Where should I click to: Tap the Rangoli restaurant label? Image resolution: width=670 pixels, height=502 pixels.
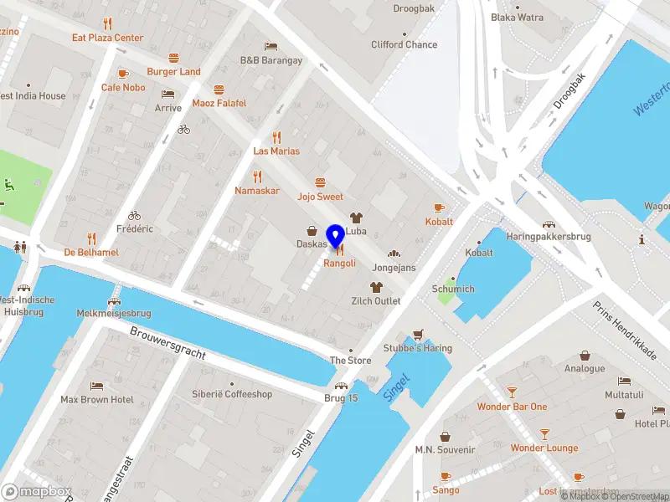tap(339, 263)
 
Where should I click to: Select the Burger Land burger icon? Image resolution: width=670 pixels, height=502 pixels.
tap(173, 59)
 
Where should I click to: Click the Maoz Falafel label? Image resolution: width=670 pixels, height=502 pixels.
tap(219, 103)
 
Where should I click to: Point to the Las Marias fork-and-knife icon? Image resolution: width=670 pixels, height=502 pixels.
tap(276, 137)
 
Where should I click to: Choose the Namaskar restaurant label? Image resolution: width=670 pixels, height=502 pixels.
tap(257, 192)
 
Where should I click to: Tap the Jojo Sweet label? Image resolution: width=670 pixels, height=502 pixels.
tap(320, 197)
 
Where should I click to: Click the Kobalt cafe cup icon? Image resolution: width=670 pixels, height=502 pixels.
tap(439, 207)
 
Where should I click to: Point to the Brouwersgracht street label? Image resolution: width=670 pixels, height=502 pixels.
tap(167, 342)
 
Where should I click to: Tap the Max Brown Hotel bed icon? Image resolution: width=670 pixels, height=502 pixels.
tap(97, 387)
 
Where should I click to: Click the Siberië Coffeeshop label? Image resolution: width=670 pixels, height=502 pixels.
tap(232, 394)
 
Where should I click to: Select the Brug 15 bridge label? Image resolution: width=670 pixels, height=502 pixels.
tap(341, 397)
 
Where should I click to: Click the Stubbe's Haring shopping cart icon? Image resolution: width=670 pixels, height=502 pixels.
tap(418, 334)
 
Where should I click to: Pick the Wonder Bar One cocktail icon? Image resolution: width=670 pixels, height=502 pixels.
tap(512, 392)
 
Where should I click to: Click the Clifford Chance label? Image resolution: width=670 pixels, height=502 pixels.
tap(405, 44)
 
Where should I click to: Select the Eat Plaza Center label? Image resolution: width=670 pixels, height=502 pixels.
tap(107, 38)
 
